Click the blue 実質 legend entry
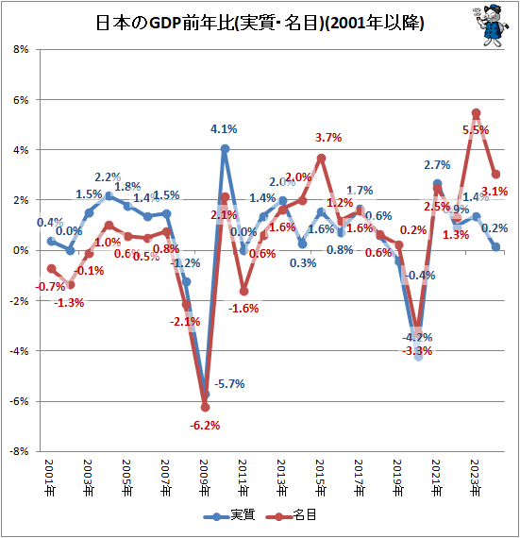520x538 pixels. [x=227, y=516]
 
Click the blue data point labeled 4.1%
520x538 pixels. [x=226, y=148]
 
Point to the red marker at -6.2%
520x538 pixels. [x=205, y=407]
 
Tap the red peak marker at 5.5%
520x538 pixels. [x=477, y=112]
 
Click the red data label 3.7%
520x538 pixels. [x=327, y=138]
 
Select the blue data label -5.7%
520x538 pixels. [x=229, y=384]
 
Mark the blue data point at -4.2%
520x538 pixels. [x=418, y=356]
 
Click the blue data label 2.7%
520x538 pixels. [x=436, y=166]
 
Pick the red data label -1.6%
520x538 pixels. [x=244, y=309]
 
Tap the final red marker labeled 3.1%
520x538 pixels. [x=496, y=174]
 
